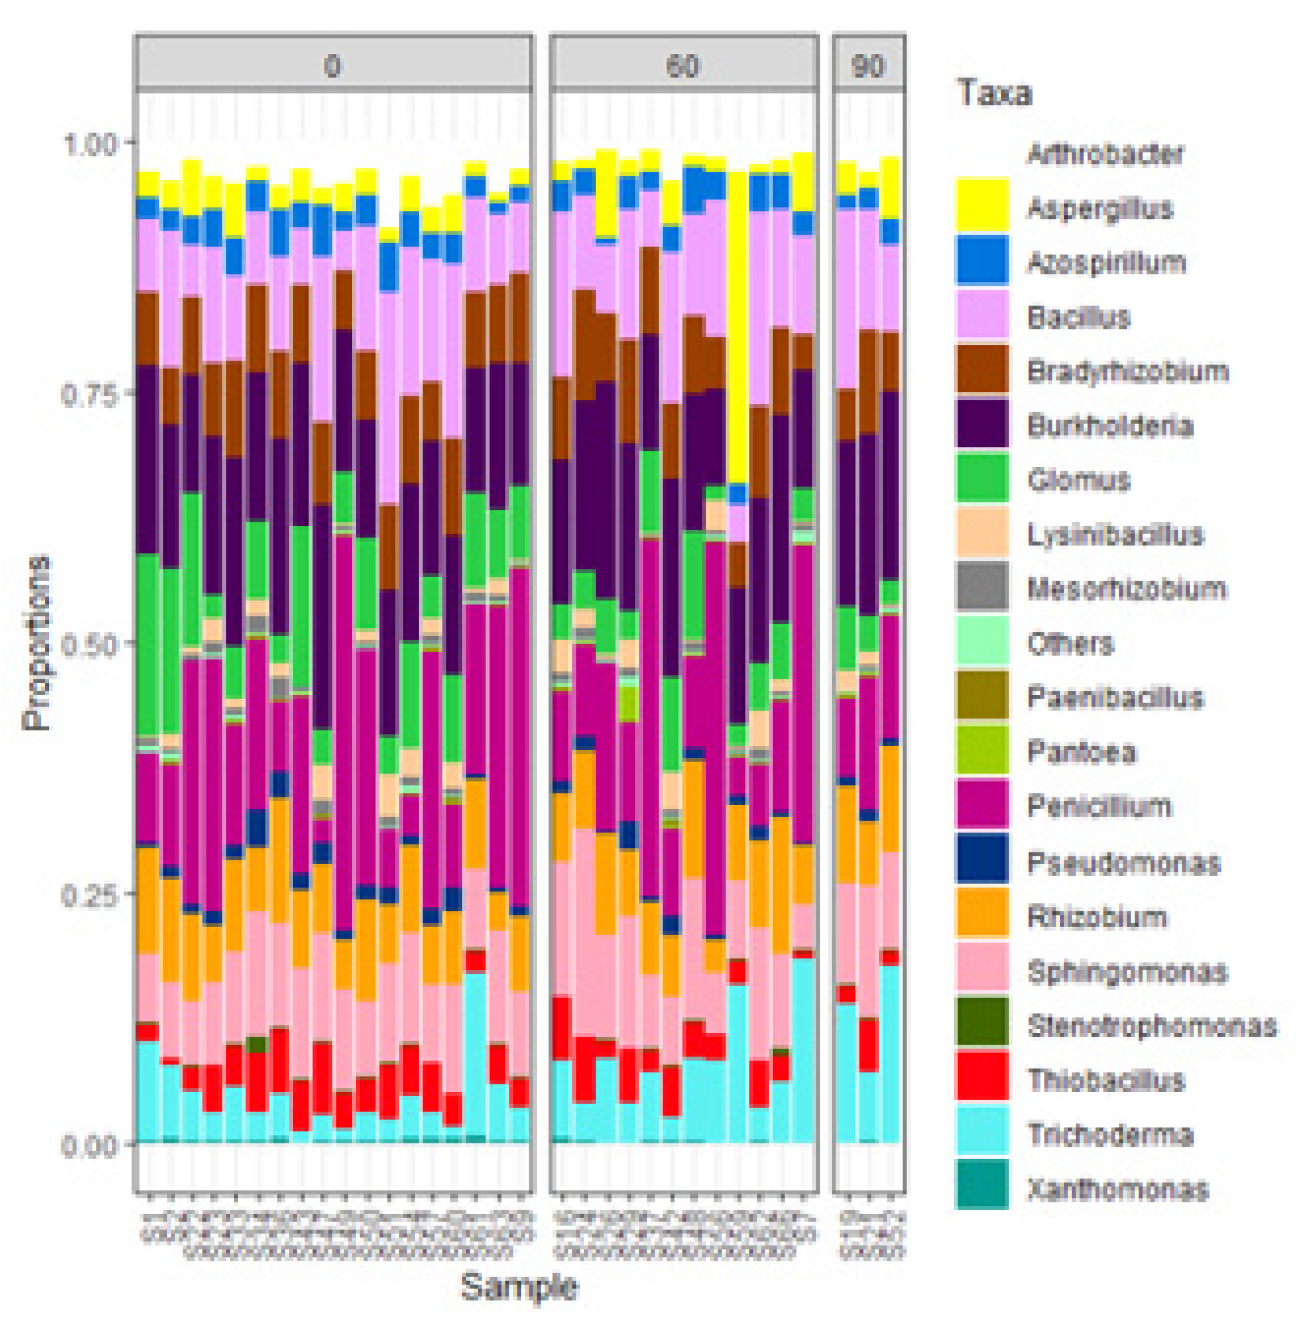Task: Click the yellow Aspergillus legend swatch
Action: tap(982, 203)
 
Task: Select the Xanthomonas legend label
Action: tap(1118, 1190)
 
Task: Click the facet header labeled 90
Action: tap(868, 66)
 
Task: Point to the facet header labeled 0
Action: tap(333, 66)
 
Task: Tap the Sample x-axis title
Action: tap(519, 1287)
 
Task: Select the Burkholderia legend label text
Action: tap(1111, 425)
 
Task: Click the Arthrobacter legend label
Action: tap(1105, 153)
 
